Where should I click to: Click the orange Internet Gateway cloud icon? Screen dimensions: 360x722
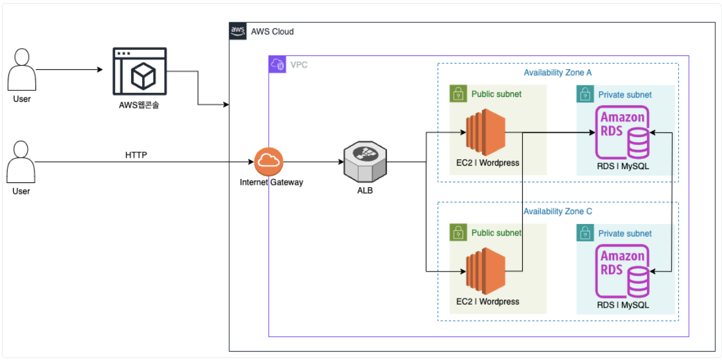click(x=268, y=161)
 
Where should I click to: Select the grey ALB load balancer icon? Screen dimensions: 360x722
click(x=364, y=161)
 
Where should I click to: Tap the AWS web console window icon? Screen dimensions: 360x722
click(x=140, y=72)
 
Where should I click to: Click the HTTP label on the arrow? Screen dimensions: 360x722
click(x=136, y=155)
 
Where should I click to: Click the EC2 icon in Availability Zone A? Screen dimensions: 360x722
click(x=484, y=132)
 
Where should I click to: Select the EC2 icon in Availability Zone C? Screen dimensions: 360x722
click(x=484, y=272)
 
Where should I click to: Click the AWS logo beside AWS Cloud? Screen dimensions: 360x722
click(x=238, y=31)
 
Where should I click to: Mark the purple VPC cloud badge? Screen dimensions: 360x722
click(x=277, y=64)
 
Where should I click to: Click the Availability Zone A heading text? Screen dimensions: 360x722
click(x=558, y=73)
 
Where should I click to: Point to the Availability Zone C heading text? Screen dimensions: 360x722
click(x=558, y=211)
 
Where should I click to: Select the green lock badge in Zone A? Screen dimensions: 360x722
click(x=458, y=94)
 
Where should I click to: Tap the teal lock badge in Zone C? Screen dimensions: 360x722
click(x=585, y=233)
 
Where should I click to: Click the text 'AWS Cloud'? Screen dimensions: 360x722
click(x=272, y=31)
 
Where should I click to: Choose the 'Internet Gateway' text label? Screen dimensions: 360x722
click(x=271, y=182)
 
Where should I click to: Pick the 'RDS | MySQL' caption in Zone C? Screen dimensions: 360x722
click(x=623, y=305)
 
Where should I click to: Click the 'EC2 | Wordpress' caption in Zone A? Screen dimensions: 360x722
click(x=487, y=163)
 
